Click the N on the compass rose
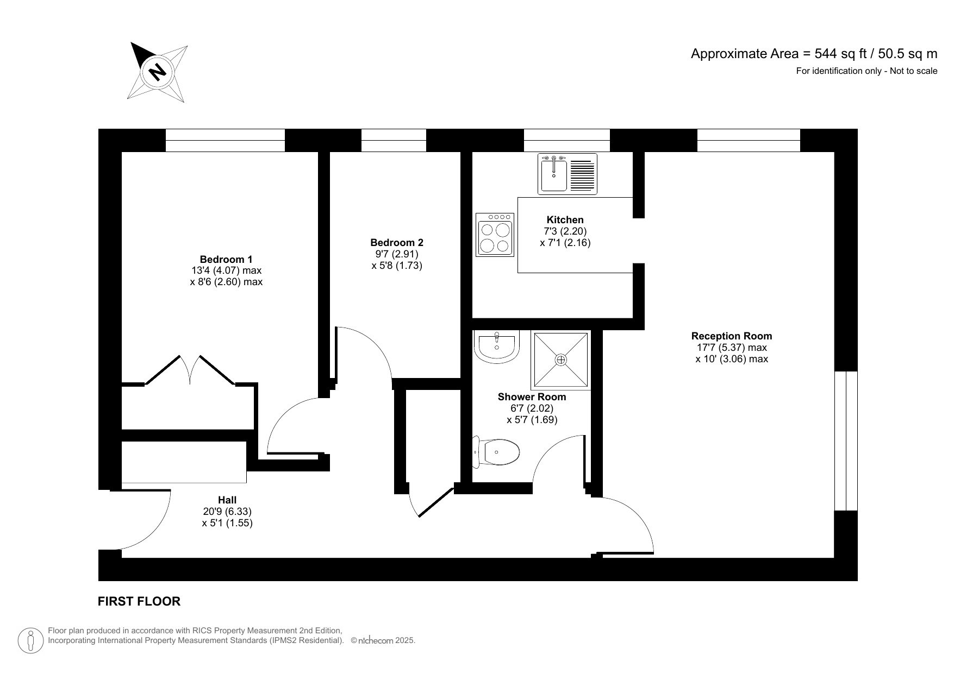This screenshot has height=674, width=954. pos(158,72)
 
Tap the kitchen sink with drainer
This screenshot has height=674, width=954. pos(567,174)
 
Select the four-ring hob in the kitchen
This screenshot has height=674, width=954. pos(495,235)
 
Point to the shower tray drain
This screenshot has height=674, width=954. pos(561,360)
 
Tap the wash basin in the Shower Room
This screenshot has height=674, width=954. pos(496,346)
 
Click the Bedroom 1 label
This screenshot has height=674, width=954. pos(226,259)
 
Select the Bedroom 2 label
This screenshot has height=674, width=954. pos(396,242)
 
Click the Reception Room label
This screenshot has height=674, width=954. pos(731,336)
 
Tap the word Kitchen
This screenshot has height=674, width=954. pos(565,219)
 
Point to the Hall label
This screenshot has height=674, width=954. pos(227,500)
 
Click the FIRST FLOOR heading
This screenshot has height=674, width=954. pos(139,601)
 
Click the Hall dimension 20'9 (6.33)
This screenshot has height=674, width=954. pos(227,511)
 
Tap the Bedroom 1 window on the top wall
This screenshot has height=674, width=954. pos(225,141)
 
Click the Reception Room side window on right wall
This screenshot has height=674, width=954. pos(846,441)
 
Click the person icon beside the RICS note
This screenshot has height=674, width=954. pos(30,641)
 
